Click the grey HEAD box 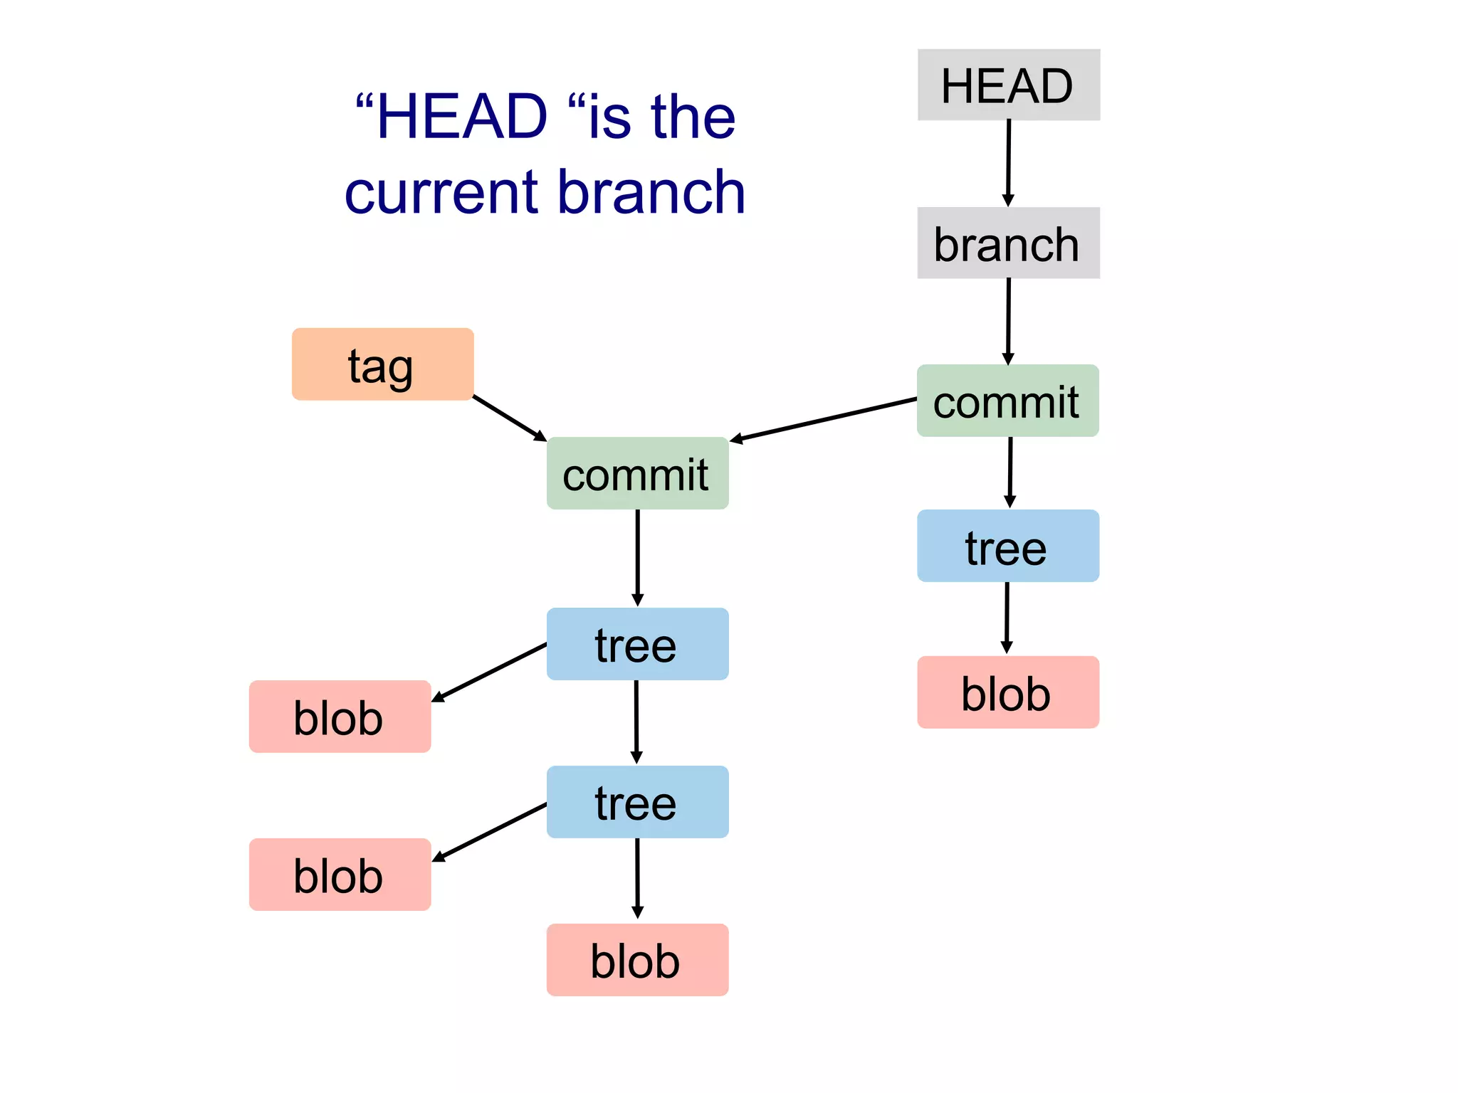(x=1008, y=85)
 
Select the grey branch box (x=1008, y=243)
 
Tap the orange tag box (x=382, y=364)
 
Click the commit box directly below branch (x=1007, y=401)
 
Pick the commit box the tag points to (x=637, y=474)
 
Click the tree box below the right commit (x=1007, y=546)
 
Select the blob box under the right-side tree (x=1007, y=692)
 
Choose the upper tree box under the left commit (x=637, y=644)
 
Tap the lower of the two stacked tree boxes (x=637, y=802)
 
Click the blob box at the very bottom (x=637, y=960)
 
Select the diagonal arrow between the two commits (x=824, y=421)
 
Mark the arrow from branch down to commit (x=1008, y=322)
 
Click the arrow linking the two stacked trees (x=636, y=722)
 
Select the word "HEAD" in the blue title (x=462, y=117)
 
